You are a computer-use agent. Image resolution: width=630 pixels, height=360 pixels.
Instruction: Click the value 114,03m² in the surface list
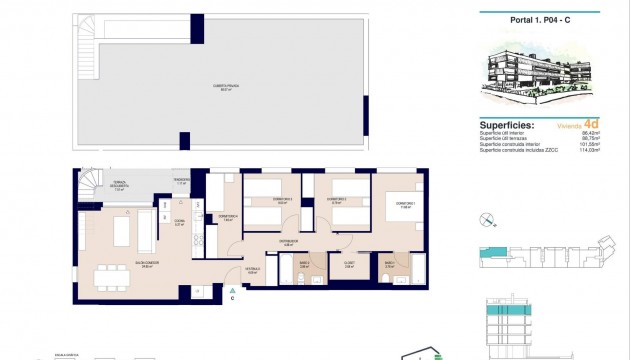601,150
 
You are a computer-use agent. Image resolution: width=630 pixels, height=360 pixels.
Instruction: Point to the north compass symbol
486,219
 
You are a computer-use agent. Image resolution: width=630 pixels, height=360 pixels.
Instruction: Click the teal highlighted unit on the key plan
493,255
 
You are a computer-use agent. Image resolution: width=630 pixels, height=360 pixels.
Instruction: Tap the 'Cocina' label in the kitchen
179,224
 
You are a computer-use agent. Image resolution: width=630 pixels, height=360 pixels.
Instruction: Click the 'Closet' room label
349,265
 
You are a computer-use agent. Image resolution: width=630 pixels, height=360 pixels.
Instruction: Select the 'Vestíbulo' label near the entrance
253,268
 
